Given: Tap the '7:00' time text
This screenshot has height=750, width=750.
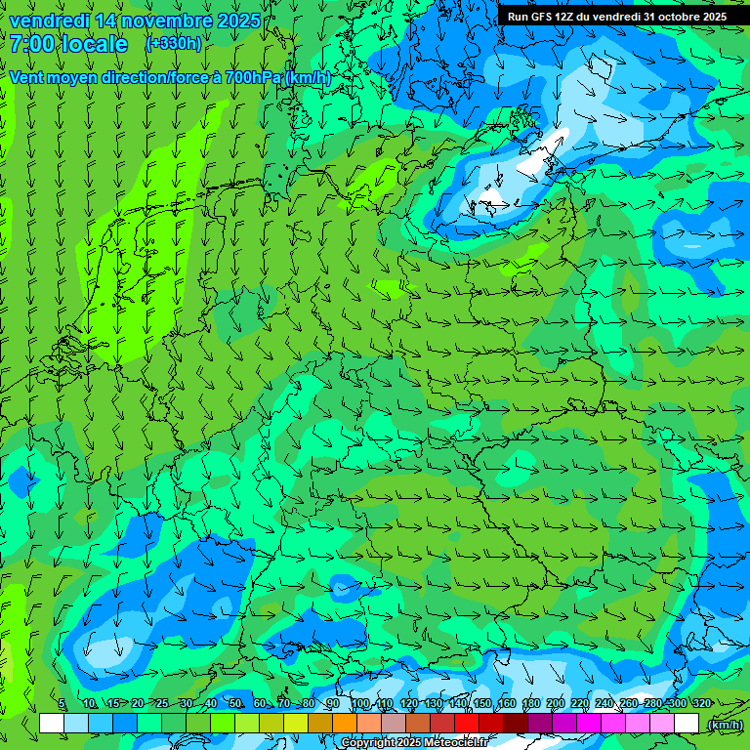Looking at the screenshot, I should point(32,44).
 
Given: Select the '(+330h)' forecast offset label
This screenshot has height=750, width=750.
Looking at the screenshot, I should point(173,44).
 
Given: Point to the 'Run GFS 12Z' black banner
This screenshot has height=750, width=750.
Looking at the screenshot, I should point(616,17).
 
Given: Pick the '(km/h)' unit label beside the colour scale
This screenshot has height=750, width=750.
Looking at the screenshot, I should point(725,724).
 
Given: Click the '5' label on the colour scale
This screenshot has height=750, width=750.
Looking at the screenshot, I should point(62,704).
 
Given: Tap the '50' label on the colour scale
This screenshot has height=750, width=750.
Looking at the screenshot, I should point(234,704).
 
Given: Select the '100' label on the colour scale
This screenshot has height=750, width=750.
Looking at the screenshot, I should point(359,704).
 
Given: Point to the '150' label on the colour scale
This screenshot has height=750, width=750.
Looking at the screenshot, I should point(482,704).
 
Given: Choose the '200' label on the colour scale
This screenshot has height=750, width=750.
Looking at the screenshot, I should point(556,704).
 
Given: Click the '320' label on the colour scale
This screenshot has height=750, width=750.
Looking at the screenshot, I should point(701,704).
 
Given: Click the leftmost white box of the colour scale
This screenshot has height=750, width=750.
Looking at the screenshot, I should point(52,723).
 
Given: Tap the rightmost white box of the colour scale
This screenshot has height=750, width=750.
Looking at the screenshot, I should point(687,723).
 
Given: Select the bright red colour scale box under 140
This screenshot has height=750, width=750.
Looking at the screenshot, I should point(467,723).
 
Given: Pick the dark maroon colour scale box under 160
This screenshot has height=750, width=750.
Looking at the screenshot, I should point(516,723).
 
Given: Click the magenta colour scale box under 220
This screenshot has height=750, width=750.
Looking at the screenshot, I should point(589,723).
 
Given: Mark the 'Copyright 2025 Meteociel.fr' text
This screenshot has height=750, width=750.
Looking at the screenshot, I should point(414,743).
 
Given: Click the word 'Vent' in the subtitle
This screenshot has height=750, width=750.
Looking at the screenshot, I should point(27,77).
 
